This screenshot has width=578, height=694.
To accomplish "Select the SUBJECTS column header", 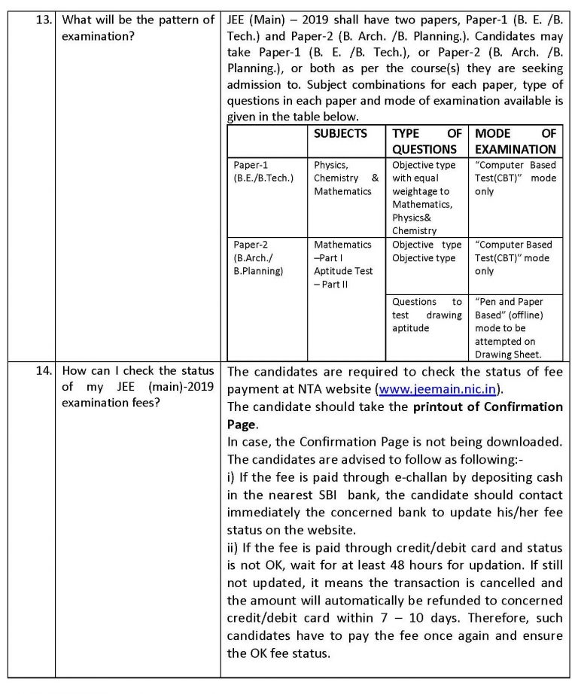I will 341,133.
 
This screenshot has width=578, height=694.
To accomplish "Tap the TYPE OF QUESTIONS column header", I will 427,141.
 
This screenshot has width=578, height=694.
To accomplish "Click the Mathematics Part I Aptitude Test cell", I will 343,264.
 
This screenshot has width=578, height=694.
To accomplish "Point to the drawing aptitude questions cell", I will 427,315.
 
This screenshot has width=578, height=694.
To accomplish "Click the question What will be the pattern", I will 138,20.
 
